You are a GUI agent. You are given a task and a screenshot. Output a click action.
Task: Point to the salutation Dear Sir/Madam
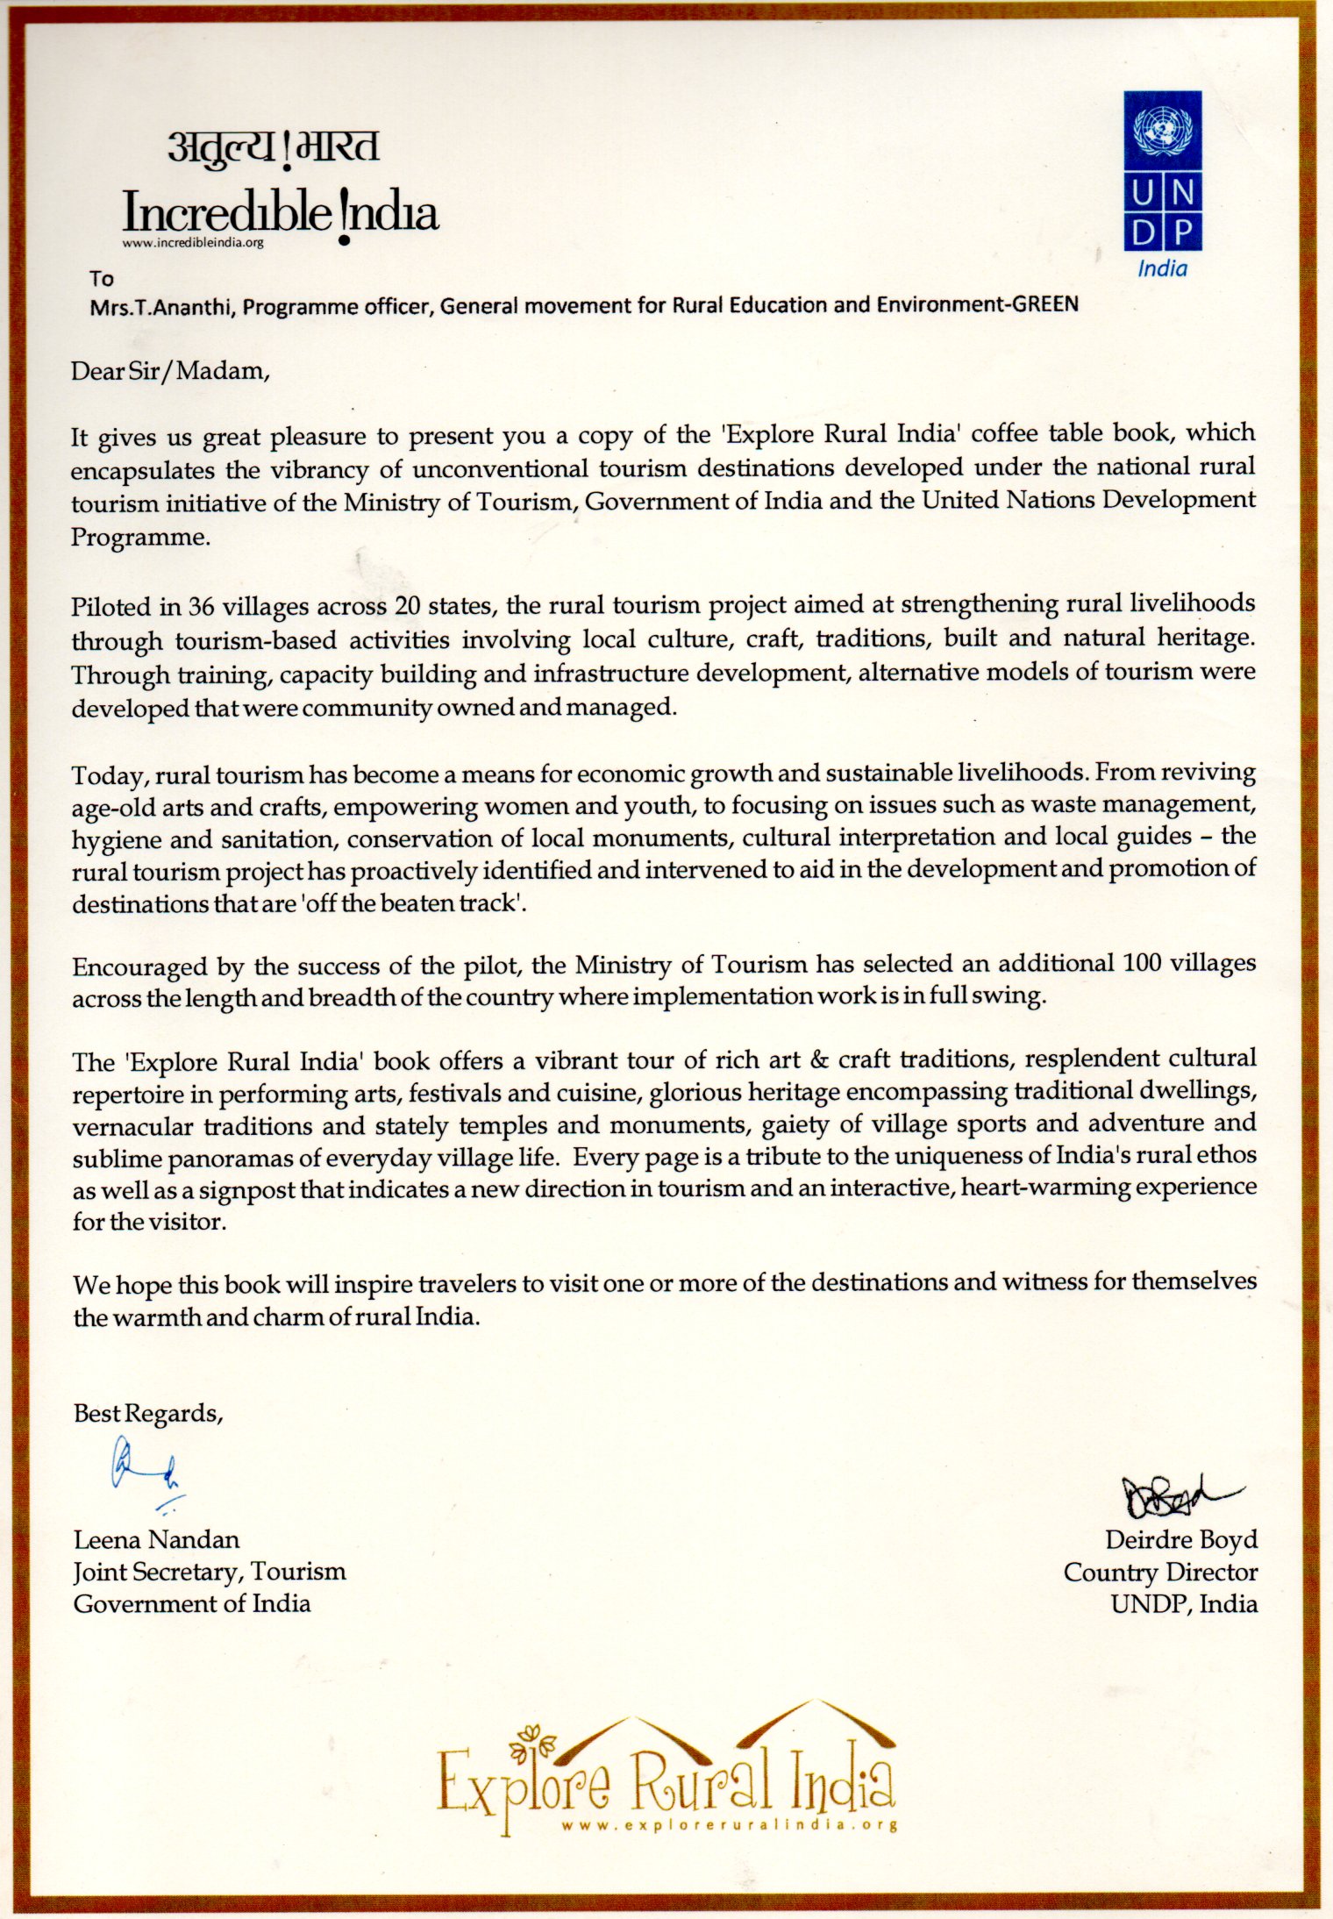[x=168, y=371]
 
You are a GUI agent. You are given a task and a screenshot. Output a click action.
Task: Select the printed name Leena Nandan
[x=156, y=1539]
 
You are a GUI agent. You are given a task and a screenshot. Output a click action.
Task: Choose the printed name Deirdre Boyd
[x=1180, y=1539]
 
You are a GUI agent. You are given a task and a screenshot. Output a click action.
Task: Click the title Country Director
[x=1160, y=1572]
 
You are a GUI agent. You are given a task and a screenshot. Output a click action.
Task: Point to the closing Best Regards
[x=148, y=1413]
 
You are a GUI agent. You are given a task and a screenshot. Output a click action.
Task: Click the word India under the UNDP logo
[x=1162, y=269]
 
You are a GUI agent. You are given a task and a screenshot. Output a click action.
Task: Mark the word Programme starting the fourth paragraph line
[x=139, y=537]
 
